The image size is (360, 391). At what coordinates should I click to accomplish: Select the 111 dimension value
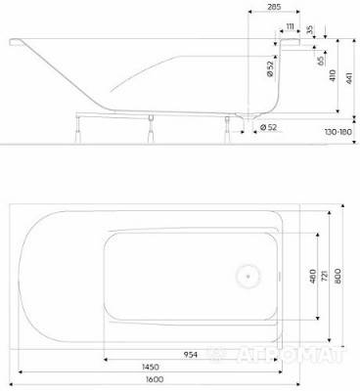click(291, 25)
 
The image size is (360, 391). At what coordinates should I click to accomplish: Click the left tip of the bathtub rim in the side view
click(12, 41)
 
